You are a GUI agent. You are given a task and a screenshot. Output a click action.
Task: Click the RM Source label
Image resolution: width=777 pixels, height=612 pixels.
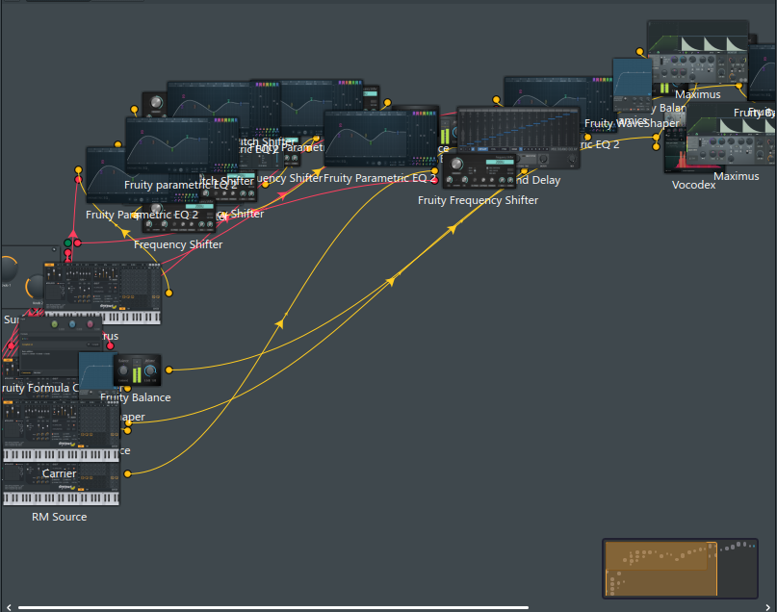coord(59,517)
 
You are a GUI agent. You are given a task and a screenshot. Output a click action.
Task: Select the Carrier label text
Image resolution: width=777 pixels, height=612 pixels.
coord(59,473)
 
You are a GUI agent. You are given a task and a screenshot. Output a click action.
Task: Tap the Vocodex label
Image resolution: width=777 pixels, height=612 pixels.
coord(693,185)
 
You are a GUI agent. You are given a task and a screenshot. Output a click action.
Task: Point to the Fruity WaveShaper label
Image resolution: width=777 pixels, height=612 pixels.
coord(631,123)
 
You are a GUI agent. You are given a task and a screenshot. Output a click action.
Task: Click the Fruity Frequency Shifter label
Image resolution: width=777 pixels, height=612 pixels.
coord(478,200)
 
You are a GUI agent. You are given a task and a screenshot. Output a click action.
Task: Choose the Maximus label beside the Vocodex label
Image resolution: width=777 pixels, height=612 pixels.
coord(736,176)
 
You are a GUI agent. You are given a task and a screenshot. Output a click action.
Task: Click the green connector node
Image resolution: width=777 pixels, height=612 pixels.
coord(67,242)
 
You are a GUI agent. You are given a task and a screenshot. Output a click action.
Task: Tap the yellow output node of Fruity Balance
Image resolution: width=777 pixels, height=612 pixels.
coord(169,369)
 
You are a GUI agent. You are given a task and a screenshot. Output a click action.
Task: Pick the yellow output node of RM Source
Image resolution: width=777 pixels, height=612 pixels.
coord(128,473)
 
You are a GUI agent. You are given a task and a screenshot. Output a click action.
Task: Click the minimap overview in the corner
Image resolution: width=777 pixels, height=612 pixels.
coord(679,568)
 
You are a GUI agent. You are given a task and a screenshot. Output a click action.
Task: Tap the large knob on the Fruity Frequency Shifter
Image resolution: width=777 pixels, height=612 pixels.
coord(457,165)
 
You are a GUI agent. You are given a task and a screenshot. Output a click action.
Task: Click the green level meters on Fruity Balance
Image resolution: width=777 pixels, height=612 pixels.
coord(143,372)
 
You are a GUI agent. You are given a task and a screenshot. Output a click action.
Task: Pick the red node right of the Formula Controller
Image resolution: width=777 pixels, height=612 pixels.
coord(110,345)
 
